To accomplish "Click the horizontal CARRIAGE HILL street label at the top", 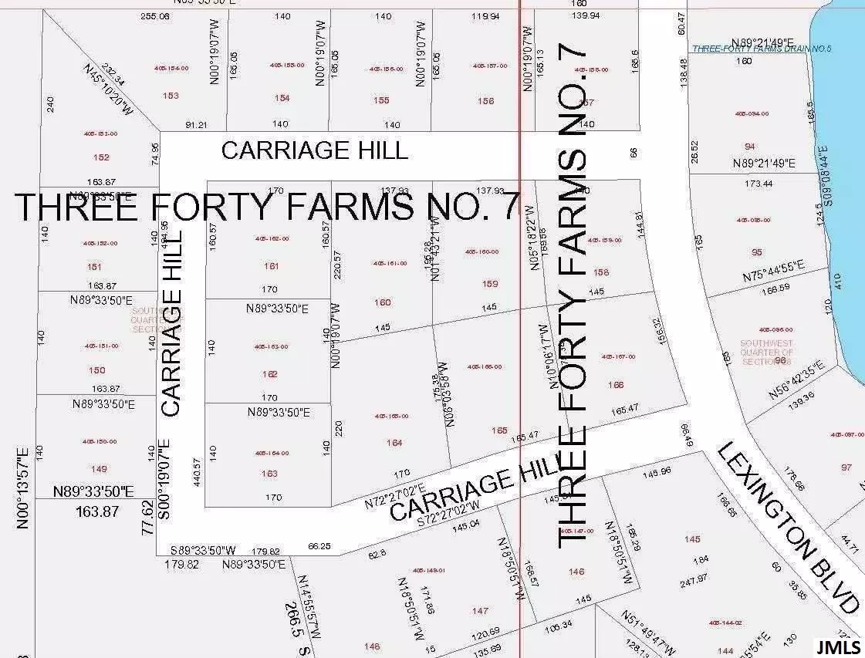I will point(314,150).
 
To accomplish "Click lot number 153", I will point(171,96).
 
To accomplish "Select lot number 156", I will point(485,101).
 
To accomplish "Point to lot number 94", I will point(750,147).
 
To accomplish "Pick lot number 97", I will point(846,467).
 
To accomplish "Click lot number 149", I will point(99,469).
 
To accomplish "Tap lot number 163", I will point(269,474).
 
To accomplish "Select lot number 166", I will point(616,385).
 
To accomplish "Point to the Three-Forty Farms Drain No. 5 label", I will point(751,49).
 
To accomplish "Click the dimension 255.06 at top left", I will point(155,16).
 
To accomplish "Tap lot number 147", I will point(480,610).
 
